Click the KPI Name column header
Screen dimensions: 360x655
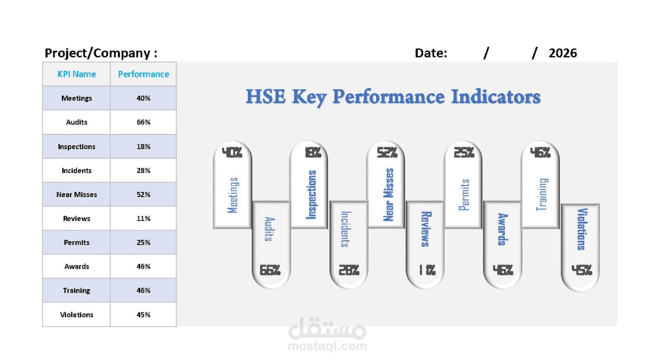pos(76,74)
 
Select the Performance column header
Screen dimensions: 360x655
pos(143,74)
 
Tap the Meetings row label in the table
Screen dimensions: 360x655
pos(76,98)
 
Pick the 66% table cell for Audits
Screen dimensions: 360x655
pos(143,122)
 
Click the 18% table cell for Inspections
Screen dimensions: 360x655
pos(143,146)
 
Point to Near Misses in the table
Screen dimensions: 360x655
pos(76,194)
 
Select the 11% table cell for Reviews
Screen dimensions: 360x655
pos(143,218)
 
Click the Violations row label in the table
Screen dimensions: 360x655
pos(76,314)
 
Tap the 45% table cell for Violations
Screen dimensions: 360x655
pos(143,314)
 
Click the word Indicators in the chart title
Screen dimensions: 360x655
pos(495,96)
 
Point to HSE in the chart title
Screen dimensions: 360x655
pos(266,96)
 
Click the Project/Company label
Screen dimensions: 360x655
pos(101,53)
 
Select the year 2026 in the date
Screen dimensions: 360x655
pos(562,53)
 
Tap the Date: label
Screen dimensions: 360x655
pos(431,53)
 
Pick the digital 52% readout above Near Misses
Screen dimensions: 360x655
pos(387,152)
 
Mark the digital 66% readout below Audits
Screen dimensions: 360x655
pos(270,270)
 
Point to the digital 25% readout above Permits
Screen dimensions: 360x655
pos(464,152)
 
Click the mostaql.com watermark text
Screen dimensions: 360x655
pos(327,346)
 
